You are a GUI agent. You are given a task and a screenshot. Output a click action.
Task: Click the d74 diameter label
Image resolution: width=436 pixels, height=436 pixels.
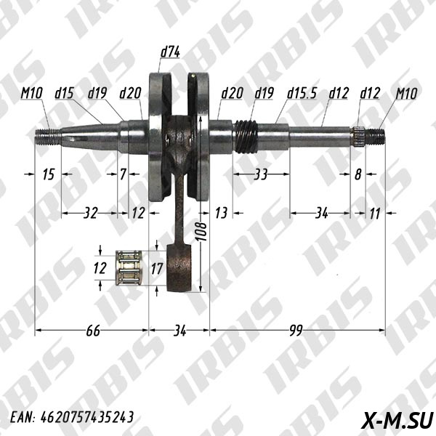(x=170, y=52)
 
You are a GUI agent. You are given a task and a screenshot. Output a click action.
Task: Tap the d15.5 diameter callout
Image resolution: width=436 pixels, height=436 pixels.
(x=302, y=93)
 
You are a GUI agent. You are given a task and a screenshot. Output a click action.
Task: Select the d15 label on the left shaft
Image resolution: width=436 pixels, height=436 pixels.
(x=64, y=93)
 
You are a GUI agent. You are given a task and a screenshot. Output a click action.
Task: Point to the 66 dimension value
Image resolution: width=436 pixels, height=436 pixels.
(x=93, y=331)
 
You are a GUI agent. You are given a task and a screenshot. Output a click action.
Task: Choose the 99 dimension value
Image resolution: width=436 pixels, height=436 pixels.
(x=296, y=331)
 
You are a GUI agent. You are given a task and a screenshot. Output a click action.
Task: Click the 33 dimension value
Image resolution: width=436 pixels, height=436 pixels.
(x=261, y=174)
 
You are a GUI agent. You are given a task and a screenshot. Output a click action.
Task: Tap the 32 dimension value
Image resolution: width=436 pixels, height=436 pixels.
(x=91, y=213)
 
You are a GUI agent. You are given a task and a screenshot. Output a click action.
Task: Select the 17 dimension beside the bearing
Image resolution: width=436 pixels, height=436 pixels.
(x=156, y=269)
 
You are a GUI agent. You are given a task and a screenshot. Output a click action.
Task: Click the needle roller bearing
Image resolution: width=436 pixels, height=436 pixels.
(x=129, y=267)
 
